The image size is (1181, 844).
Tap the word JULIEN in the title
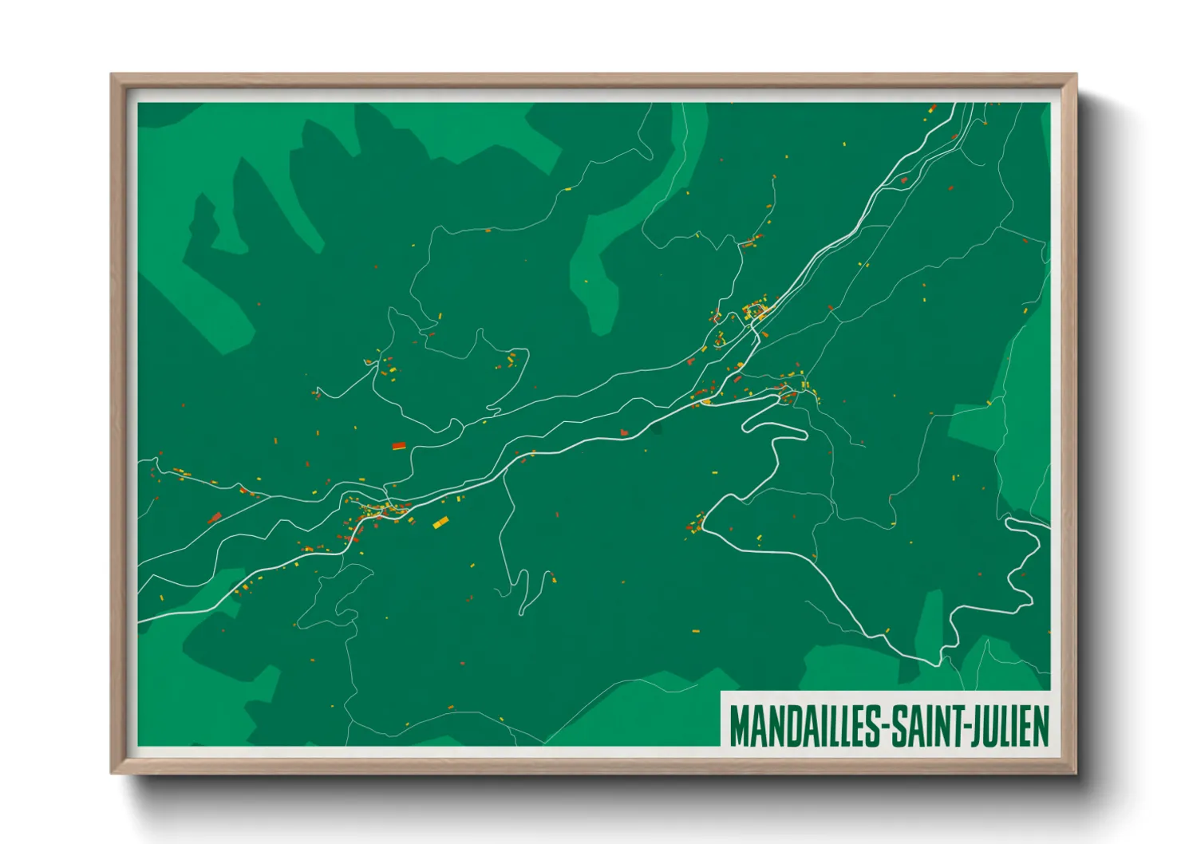(1012, 725)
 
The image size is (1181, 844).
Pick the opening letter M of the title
(738, 725)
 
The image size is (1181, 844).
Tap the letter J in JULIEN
(979, 725)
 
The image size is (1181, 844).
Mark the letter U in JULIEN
(992, 725)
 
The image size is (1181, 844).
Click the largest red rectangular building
(399, 446)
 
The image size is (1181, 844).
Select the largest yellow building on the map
(440, 523)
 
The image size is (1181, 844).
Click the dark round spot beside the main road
(656, 428)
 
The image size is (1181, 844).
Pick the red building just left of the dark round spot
(624, 432)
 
